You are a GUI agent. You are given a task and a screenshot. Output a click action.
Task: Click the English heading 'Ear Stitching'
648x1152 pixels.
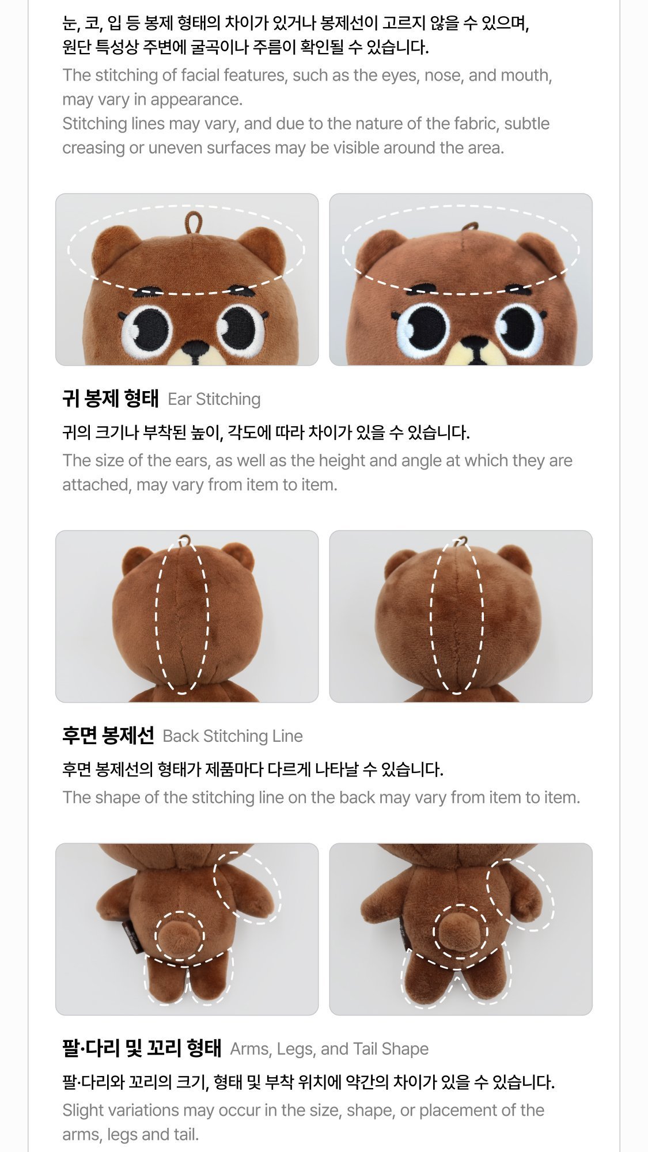(x=214, y=399)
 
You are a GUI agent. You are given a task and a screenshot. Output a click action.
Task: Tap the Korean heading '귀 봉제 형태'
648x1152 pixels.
(x=110, y=399)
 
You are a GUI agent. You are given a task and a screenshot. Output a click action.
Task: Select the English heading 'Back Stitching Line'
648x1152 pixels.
(x=233, y=736)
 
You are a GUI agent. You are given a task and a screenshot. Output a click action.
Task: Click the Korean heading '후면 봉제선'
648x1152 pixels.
(x=108, y=736)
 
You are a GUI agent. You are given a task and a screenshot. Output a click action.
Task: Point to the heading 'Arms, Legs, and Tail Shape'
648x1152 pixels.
(x=329, y=1049)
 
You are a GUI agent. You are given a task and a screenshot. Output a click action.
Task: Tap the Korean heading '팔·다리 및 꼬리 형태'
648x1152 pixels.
(x=142, y=1048)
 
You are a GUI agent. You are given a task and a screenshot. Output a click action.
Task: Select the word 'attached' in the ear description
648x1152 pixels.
(x=96, y=485)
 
